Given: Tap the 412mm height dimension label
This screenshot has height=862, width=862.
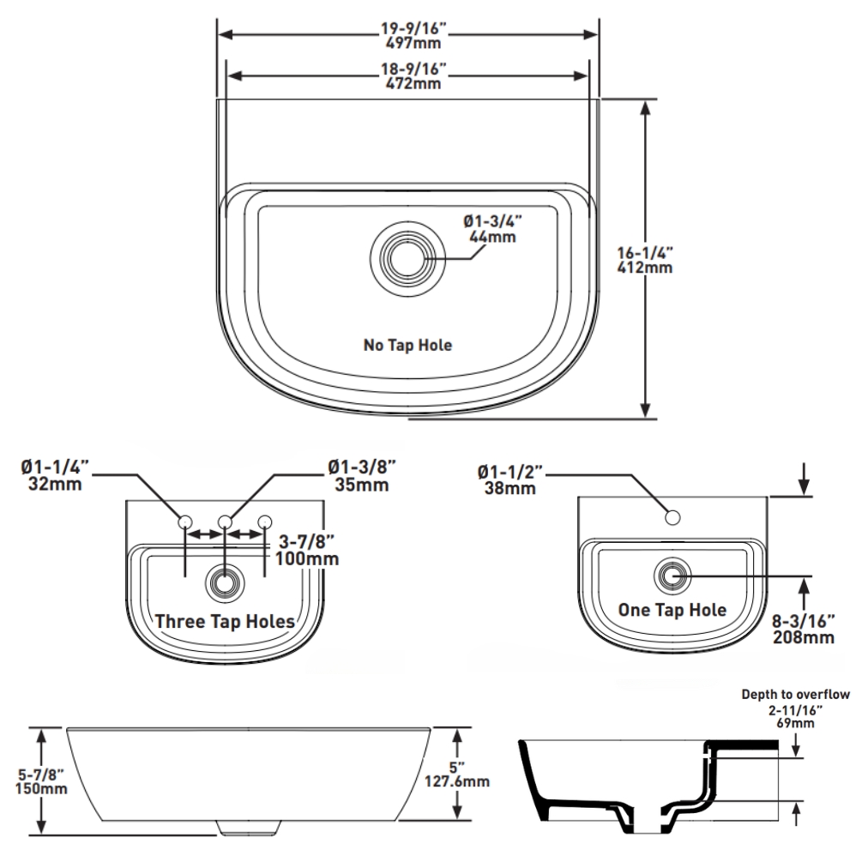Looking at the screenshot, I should point(645,260).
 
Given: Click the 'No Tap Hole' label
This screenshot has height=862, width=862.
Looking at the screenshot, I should point(407,345).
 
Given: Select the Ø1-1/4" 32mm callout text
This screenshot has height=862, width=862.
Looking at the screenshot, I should point(53,475).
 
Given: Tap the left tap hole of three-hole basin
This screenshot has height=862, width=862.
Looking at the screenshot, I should point(185,521).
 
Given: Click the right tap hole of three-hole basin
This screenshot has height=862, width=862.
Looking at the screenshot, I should point(264,521).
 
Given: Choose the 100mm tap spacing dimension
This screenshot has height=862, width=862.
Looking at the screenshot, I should point(306,551).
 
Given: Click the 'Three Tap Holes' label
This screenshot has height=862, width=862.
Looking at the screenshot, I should point(225,621).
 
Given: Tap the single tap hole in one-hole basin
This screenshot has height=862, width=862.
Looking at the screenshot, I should point(673,517).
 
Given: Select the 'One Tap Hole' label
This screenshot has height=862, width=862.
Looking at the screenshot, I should point(672,610).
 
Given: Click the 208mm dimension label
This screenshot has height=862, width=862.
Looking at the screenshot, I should point(803,630).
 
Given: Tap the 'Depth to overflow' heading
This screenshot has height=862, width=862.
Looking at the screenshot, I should point(795,695).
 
